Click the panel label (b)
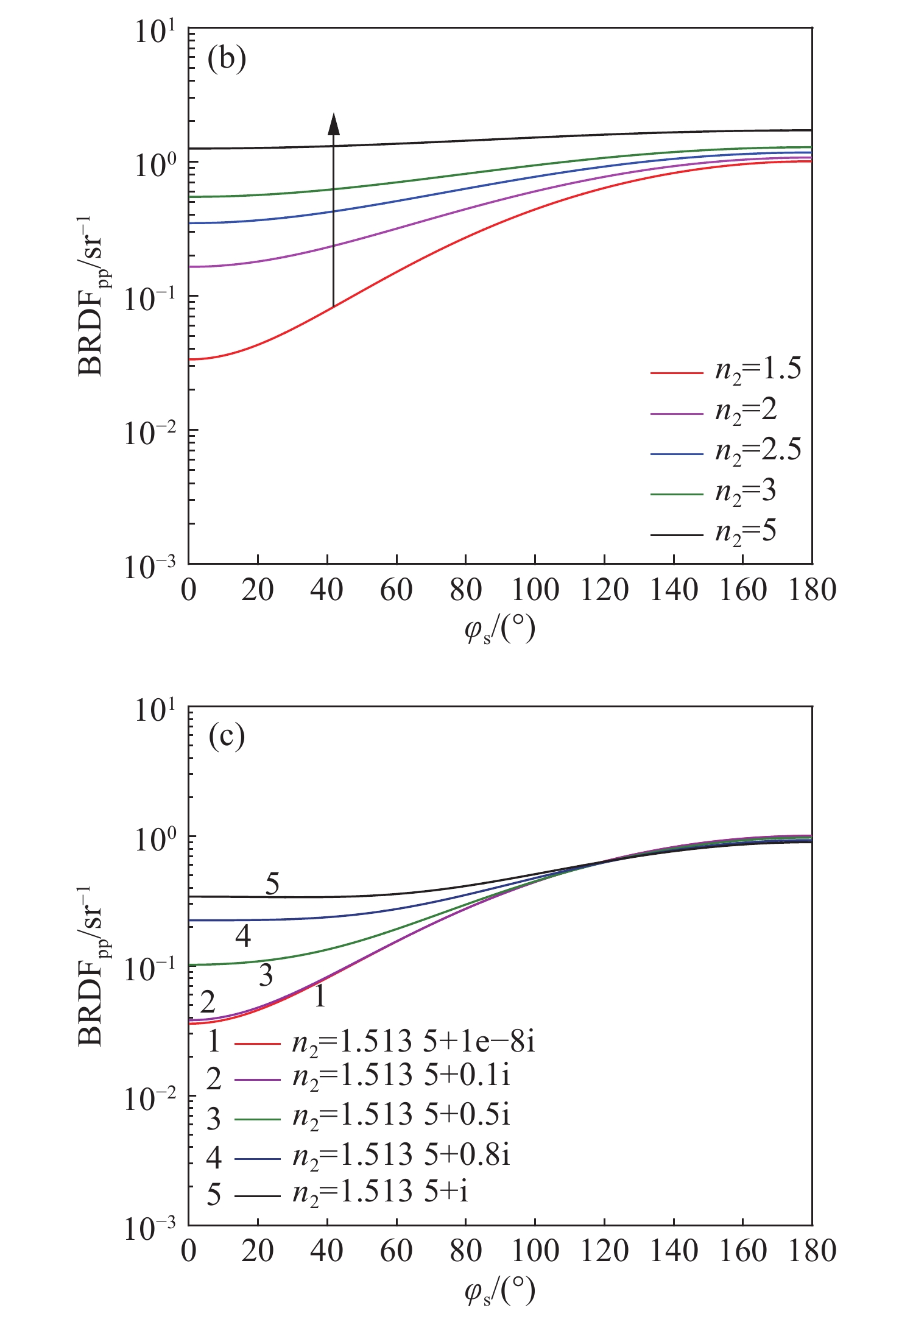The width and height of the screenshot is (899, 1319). (227, 59)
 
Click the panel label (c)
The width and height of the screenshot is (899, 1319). (227, 737)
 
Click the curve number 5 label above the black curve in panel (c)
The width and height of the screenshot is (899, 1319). (272, 883)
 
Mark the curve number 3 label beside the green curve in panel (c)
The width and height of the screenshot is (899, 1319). (266, 975)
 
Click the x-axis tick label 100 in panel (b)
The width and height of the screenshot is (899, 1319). (535, 590)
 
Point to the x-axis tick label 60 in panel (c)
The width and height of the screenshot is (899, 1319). (397, 1251)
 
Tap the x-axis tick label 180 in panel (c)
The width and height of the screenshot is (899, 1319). (812, 1251)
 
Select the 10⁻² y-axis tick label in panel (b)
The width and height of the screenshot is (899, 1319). (150, 431)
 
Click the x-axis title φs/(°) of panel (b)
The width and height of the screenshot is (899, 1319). (499, 629)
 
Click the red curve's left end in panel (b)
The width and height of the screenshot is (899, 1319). (191, 359)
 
